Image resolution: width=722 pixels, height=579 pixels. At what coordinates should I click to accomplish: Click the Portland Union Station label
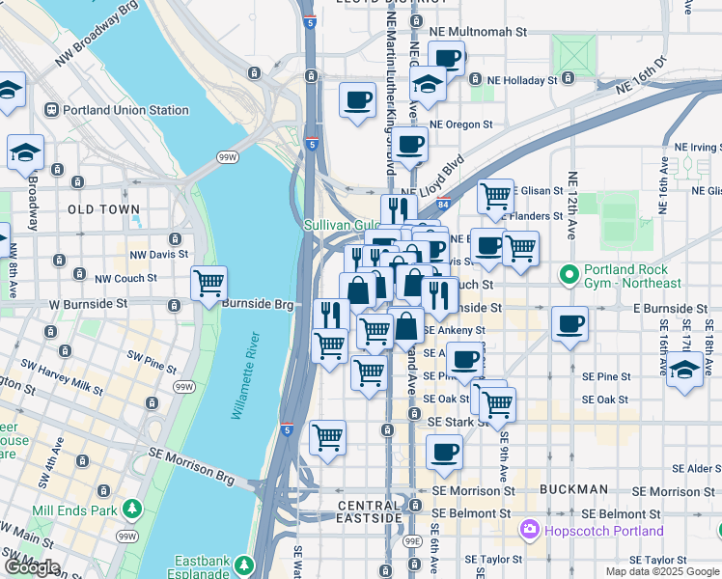click(x=125, y=110)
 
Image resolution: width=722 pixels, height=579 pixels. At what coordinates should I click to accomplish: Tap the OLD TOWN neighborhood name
click(x=104, y=209)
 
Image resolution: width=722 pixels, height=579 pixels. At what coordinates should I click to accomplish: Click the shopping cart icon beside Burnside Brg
click(x=208, y=284)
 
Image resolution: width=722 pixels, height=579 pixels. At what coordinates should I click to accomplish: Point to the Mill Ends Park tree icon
click(x=131, y=508)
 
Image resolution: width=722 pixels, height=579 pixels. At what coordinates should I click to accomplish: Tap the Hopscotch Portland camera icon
click(x=529, y=530)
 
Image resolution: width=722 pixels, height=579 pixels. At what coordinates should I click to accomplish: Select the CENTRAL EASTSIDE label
click(x=370, y=512)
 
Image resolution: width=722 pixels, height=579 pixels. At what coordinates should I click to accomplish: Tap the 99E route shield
click(x=412, y=542)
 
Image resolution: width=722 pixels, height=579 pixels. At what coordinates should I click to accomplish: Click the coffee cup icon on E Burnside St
click(x=569, y=323)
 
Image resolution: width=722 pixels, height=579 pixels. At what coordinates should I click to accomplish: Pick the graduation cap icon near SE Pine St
click(x=684, y=369)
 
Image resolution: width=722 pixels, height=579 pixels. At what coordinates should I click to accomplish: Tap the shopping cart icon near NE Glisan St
click(x=495, y=195)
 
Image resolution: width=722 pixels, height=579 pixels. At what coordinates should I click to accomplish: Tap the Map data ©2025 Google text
click(x=661, y=571)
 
